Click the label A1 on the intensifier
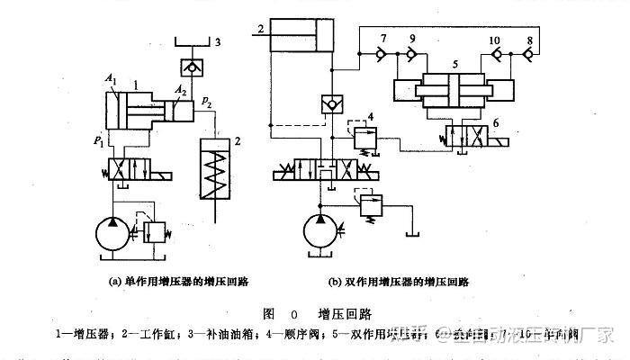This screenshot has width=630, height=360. (x=111, y=81)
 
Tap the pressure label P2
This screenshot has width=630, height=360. (x=209, y=103)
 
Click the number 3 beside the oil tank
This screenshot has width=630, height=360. (x=217, y=41)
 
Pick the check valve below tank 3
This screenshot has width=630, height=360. (x=193, y=68)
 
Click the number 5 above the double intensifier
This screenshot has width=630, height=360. (x=455, y=66)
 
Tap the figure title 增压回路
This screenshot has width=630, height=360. (x=344, y=313)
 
